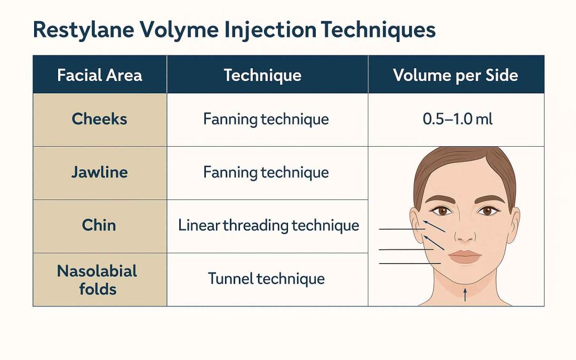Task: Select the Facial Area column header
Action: tap(100, 75)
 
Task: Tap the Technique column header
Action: tap(262, 75)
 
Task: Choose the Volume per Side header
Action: tap(455, 75)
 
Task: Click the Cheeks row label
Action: tap(100, 119)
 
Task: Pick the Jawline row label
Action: tap(100, 172)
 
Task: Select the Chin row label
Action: tap(99, 225)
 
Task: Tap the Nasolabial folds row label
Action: tap(97, 280)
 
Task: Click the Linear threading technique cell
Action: tap(268, 226)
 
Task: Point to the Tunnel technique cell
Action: tap(266, 278)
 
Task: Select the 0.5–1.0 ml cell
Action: tap(458, 119)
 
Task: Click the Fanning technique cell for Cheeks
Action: tap(266, 119)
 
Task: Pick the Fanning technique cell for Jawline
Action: tap(266, 172)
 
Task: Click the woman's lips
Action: tap(465, 257)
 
